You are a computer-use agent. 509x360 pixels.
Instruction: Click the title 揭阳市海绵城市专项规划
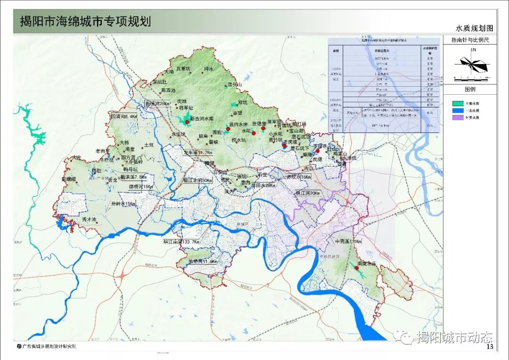pos(85,22)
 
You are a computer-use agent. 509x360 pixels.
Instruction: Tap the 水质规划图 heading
pos(474,28)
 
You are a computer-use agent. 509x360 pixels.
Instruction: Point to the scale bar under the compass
pos(472,77)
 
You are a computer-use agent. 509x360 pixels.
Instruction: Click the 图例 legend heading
pos(470,89)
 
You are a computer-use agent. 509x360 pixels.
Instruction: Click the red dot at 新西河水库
pos(187,122)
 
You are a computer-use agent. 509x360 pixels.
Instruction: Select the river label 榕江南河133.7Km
pos(181,242)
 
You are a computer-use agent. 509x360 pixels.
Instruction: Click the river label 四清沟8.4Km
pos(123,116)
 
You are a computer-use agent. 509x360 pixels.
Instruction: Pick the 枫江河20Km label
pos(307,193)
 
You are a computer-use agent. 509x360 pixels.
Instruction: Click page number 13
pos(489,347)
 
